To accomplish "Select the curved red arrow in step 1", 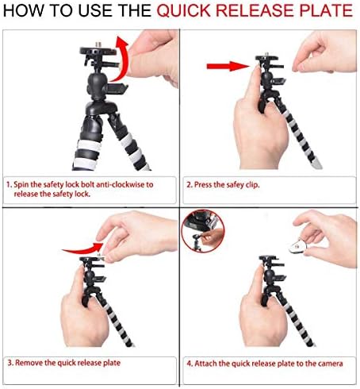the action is pyautogui.click(x=121, y=60).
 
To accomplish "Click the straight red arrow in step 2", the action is pyautogui.click(x=228, y=66).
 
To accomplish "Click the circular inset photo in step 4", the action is pyautogui.click(x=203, y=232).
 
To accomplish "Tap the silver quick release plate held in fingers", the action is pyautogui.click(x=298, y=245).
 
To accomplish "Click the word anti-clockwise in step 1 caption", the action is pyautogui.click(x=121, y=184).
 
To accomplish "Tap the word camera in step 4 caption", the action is pyautogui.click(x=331, y=364).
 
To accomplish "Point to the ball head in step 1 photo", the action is pyautogui.click(x=98, y=86).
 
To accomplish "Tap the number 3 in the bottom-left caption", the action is pyautogui.click(x=10, y=363).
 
